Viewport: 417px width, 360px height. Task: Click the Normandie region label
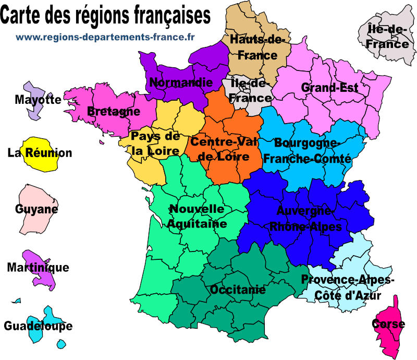click(x=181, y=82)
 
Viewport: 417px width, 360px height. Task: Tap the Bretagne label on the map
click(x=113, y=111)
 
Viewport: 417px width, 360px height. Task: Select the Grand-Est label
click(x=330, y=88)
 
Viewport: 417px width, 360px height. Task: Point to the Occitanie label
click(x=237, y=290)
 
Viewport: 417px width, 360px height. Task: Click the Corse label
click(x=388, y=324)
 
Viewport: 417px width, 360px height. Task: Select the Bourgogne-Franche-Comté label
click(x=308, y=150)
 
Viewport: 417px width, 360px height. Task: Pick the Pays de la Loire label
click(x=155, y=143)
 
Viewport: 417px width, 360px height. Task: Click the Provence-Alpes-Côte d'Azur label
click(x=347, y=287)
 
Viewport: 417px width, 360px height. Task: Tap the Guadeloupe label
click(x=38, y=326)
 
